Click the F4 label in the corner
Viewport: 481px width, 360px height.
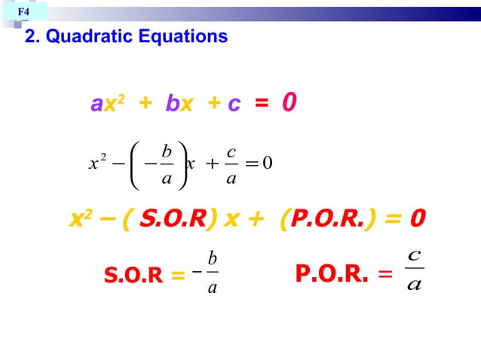point(24,12)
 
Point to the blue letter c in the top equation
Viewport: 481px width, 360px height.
point(234,104)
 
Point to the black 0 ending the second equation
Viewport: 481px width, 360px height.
point(268,163)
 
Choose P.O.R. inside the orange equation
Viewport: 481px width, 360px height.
point(327,219)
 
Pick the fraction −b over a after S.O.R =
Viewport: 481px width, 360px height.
point(209,272)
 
